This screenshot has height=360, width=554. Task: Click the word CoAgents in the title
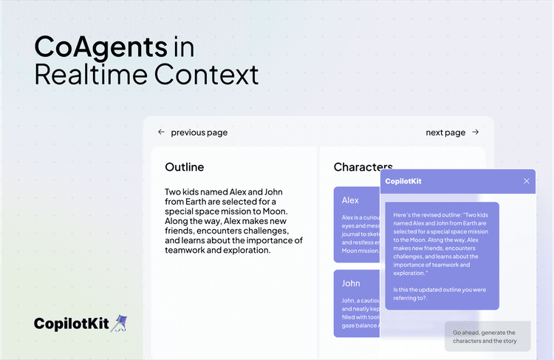pyautogui.click(x=100, y=47)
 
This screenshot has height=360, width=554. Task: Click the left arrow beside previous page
pyautogui.click(x=161, y=132)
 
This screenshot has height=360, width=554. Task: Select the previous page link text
pyautogui.click(x=199, y=132)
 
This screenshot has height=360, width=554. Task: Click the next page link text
pyautogui.click(x=445, y=132)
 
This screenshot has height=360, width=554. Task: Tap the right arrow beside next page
pyautogui.click(x=475, y=132)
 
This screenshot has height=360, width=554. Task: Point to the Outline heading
pyautogui.click(x=184, y=167)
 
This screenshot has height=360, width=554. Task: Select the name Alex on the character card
pyautogui.click(x=350, y=200)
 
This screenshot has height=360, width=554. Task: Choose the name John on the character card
pyautogui.click(x=351, y=283)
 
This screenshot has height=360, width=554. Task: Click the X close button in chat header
pyautogui.click(x=527, y=181)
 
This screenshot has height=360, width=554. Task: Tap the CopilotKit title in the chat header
pyautogui.click(x=403, y=181)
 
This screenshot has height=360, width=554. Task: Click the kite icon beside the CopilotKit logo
pyautogui.click(x=118, y=323)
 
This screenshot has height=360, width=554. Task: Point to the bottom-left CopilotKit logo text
pyautogui.click(x=70, y=324)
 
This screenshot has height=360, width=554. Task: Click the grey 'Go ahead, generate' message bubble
pyautogui.click(x=488, y=336)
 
